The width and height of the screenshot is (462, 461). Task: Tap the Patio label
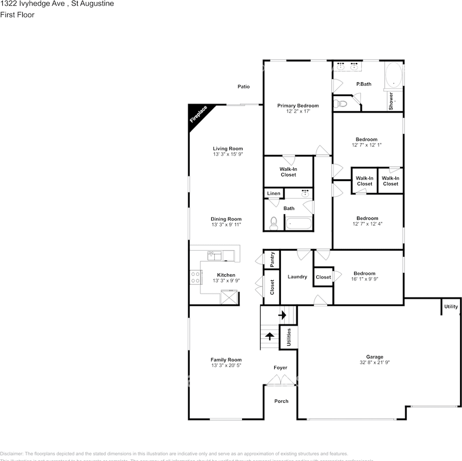pyautogui.click(x=243, y=86)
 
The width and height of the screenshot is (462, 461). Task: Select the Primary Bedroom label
pyautogui.click(x=298, y=106)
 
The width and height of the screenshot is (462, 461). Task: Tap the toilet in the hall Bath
pyautogui.click(x=274, y=223)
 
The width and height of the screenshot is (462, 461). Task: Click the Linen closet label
pyautogui.click(x=274, y=194)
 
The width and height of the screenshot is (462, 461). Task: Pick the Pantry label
pyautogui.click(x=272, y=259)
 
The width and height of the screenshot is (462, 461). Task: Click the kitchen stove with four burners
pyautogui.click(x=195, y=277)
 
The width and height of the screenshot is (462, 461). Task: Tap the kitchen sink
pyautogui.click(x=214, y=255)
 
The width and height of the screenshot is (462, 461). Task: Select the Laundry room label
pyautogui.click(x=297, y=277)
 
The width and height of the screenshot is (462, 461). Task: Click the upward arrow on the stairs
pyautogui.click(x=269, y=336)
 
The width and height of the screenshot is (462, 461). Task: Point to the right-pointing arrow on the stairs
pyautogui.click(x=282, y=315)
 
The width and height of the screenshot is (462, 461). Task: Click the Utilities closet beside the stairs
pyautogui.click(x=289, y=336)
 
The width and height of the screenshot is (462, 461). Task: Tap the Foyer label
pyautogui.click(x=280, y=368)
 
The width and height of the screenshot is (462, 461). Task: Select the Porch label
pyautogui.click(x=281, y=401)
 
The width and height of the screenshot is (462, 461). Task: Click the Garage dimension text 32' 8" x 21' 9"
pyautogui.click(x=375, y=362)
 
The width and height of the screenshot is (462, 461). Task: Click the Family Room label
pyautogui.click(x=226, y=360)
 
